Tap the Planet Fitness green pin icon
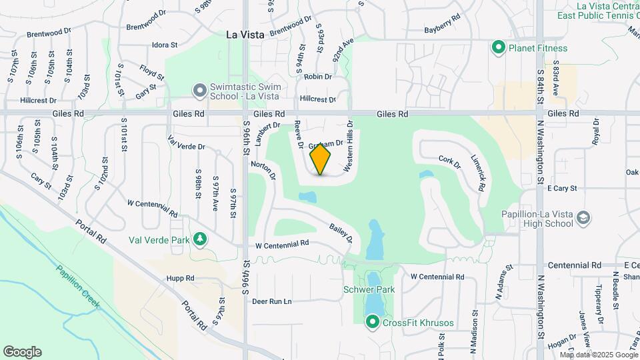coord(497,47)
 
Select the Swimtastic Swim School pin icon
coord(199,89)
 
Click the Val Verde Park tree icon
coord(199,239)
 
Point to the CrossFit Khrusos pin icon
coord(373,323)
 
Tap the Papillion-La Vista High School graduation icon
coord(583,218)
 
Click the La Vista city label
coord(245,35)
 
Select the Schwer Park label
coord(369,289)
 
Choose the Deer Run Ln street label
coord(272,301)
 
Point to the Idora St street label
coord(165,45)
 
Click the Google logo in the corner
coord(22,352)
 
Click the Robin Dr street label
coord(318,77)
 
